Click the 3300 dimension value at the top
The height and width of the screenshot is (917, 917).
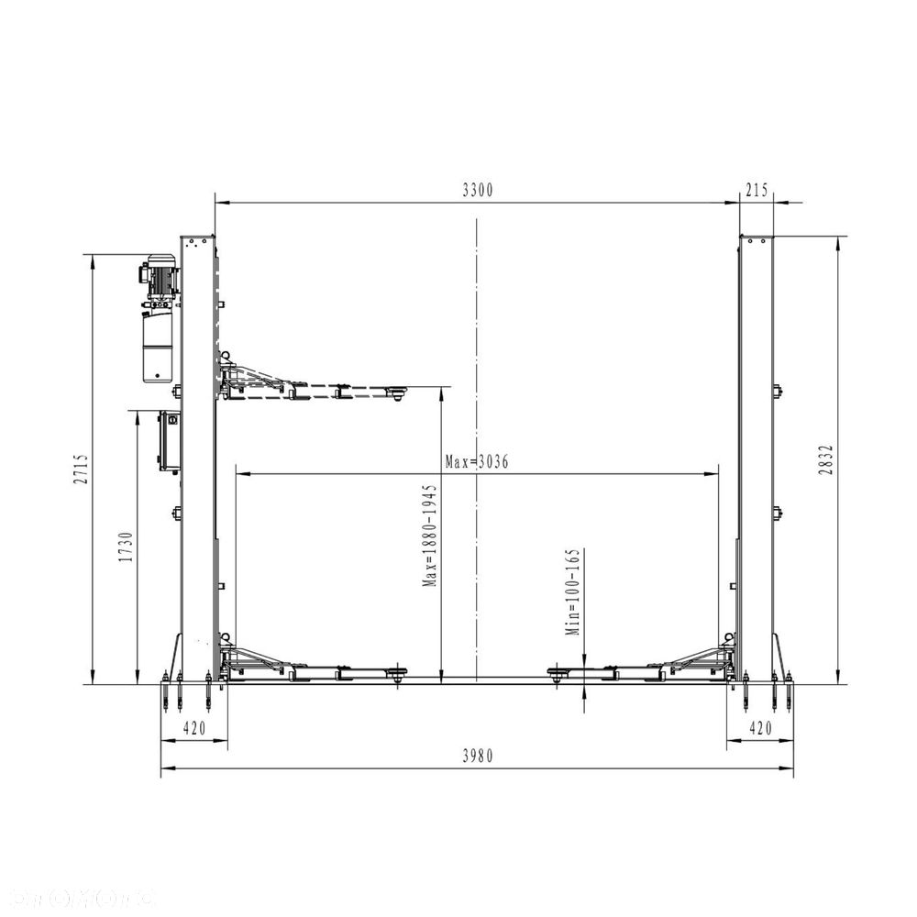point(478,190)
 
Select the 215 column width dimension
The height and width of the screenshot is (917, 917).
point(757,190)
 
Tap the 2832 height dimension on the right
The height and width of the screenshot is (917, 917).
point(826,459)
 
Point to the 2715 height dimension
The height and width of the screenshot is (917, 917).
point(82,469)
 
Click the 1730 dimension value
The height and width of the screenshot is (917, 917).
point(126,547)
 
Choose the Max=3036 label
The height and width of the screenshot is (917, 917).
point(477,462)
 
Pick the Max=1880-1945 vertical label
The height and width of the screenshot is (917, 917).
point(430,536)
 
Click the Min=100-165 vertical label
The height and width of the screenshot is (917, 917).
point(573,591)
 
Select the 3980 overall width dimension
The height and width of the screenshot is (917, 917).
point(478,757)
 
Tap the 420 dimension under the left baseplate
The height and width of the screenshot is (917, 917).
point(194,728)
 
